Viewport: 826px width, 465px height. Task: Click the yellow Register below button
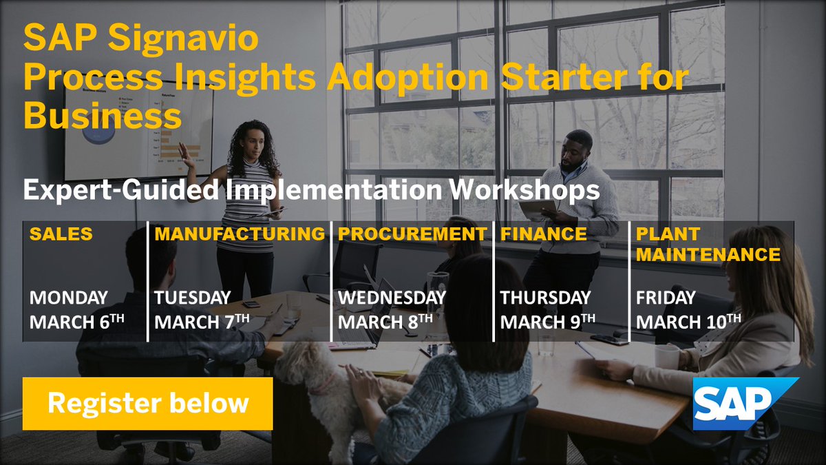coord(147,404)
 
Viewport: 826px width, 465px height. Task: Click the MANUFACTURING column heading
coord(240,234)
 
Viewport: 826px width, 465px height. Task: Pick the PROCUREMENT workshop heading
coord(412,234)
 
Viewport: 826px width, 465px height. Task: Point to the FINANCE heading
coord(544,234)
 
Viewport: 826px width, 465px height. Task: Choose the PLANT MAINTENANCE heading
coord(708,245)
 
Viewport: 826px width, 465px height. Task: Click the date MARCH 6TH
coord(77,322)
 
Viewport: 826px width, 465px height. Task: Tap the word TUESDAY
coord(192,298)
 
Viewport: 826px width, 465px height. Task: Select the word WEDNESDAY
coord(392,298)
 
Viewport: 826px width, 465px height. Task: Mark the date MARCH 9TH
coord(548,322)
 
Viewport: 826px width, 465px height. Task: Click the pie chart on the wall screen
coord(99,131)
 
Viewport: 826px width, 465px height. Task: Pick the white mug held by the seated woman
coord(666,356)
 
